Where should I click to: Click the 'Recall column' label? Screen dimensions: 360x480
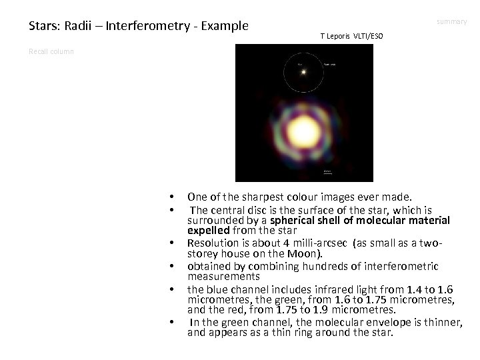tap(51, 51)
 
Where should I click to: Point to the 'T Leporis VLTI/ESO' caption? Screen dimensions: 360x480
tap(351, 35)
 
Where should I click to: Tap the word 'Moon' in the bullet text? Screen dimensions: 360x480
tap(305, 253)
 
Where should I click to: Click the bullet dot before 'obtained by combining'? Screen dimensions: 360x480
tap(172, 267)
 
